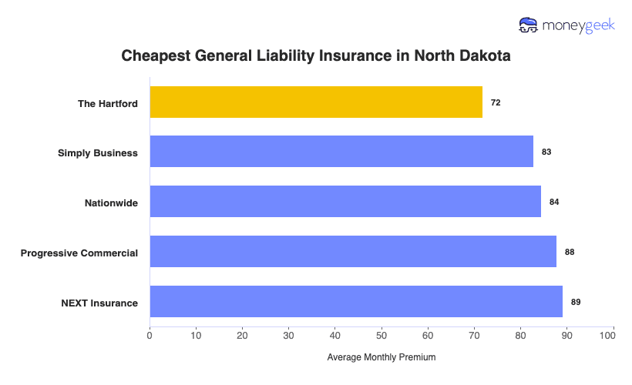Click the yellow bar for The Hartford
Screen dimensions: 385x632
pyautogui.click(x=316, y=102)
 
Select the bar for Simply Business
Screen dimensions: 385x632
pyautogui.click(x=341, y=152)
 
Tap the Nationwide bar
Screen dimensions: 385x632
pyautogui.click(x=345, y=202)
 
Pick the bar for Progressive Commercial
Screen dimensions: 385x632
pyautogui.click(x=353, y=252)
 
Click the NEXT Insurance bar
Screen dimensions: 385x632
pyautogui.click(x=356, y=302)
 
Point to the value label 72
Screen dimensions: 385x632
pyautogui.click(x=496, y=102)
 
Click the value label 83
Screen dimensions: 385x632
pyautogui.click(x=546, y=152)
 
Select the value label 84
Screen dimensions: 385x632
pyautogui.click(x=554, y=202)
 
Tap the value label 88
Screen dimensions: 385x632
pyautogui.click(x=570, y=252)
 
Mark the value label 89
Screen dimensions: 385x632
pyautogui.click(x=576, y=302)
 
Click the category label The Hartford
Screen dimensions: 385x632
pyautogui.click(x=108, y=103)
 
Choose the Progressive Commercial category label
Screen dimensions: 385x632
pyautogui.click(x=79, y=253)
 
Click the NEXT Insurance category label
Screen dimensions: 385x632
pyautogui.click(x=99, y=303)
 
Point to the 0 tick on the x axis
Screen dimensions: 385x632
pyautogui.click(x=150, y=336)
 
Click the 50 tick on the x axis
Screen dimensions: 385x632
pyautogui.click(x=382, y=336)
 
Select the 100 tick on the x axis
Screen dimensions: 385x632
pyautogui.click(x=613, y=336)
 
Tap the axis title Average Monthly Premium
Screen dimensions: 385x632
pyautogui.click(x=382, y=357)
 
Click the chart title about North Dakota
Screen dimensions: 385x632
pyautogui.click(x=316, y=56)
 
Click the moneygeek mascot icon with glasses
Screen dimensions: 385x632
pyautogui.click(x=529, y=25)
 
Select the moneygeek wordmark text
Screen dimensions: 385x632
pyautogui.click(x=578, y=26)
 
